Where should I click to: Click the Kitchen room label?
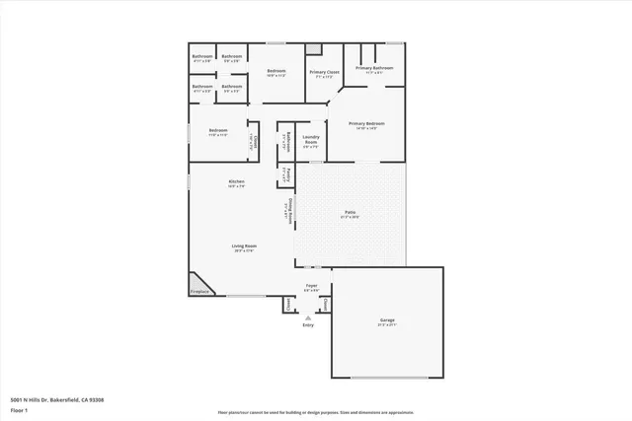click(x=237, y=181)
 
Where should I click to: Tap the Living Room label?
click(x=245, y=246)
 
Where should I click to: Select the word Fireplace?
click(x=199, y=292)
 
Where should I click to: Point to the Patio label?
click(x=350, y=211)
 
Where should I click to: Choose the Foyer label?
click(x=310, y=286)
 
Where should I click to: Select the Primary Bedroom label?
click(x=367, y=123)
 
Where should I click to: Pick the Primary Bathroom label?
click(x=375, y=68)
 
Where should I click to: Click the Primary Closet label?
click(x=324, y=72)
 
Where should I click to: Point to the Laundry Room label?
click(x=310, y=140)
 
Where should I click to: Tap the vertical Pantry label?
click(x=286, y=175)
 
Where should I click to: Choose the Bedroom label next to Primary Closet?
click(x=276, y=71)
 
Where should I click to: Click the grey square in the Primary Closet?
click(x=314, y=49)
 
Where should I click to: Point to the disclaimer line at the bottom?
click(x=315, y=411)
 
